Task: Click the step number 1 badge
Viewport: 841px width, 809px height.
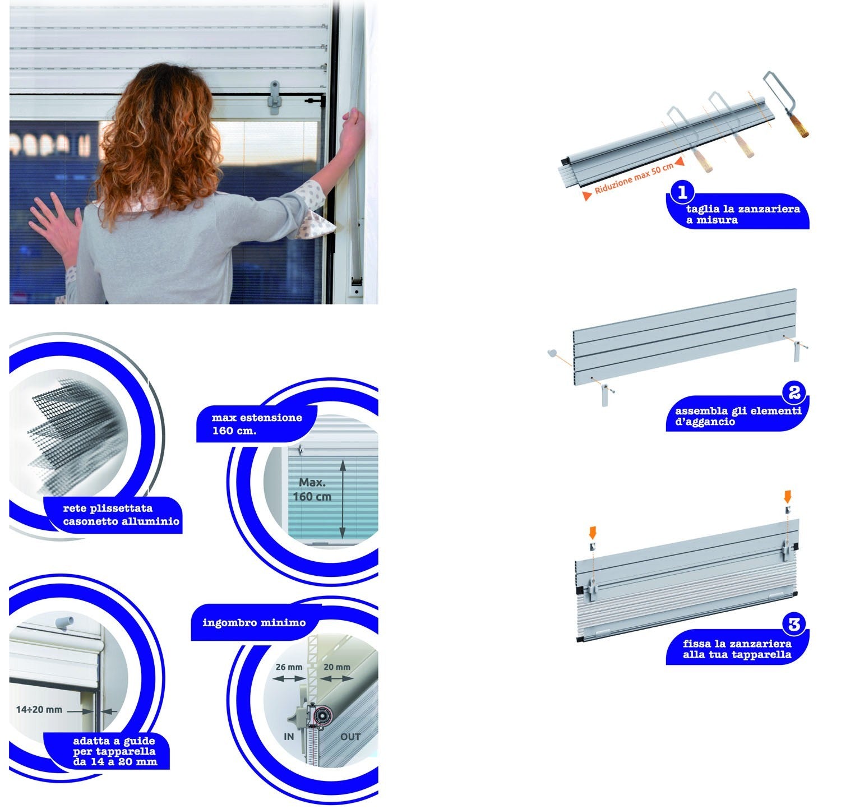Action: [x=682, y=192]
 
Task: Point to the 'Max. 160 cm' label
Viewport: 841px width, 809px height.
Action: [x=312, y=489]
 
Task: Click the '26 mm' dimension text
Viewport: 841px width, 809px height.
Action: [x=289, y=667]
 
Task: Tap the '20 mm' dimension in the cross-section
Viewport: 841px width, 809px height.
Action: [x=337, y=667]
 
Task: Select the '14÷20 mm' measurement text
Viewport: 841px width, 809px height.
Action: [x=39, y=710]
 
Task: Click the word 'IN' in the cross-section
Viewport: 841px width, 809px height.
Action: [x=289, y=736]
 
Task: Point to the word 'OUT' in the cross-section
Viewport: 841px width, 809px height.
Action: [x=350, y=736]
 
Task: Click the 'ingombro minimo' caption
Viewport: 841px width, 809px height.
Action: [x=254, y=622]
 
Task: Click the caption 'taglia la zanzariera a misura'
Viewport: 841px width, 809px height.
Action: [x=743, y=215]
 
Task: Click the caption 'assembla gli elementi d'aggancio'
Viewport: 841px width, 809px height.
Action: [x=738, y=416]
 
